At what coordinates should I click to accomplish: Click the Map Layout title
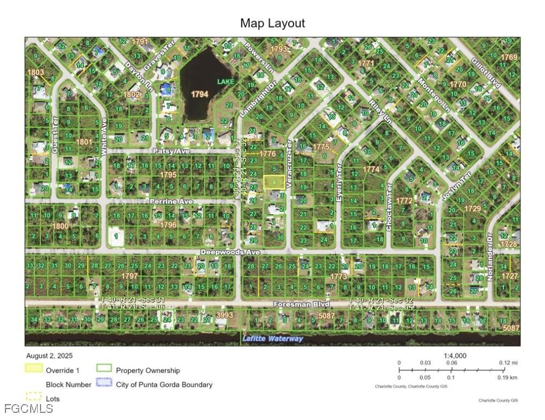click(272, 23)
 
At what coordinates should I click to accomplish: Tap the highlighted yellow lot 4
click(274, 182)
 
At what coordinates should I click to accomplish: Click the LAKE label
click(225, 81)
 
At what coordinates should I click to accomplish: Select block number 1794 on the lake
click(199, 94)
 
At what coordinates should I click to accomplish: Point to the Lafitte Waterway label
click(272, 339)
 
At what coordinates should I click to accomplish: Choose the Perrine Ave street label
click(171, 202)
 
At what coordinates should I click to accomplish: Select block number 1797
click(130, 276)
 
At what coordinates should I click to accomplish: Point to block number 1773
click(339, 277)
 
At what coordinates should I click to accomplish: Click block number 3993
click(225, 315)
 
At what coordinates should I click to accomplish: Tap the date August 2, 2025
click(49, 356)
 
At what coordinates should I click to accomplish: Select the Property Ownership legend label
click(148, 370)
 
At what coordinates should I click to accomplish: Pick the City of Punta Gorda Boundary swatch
click(104, 384)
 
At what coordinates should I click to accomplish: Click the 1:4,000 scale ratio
click(455, 355)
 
